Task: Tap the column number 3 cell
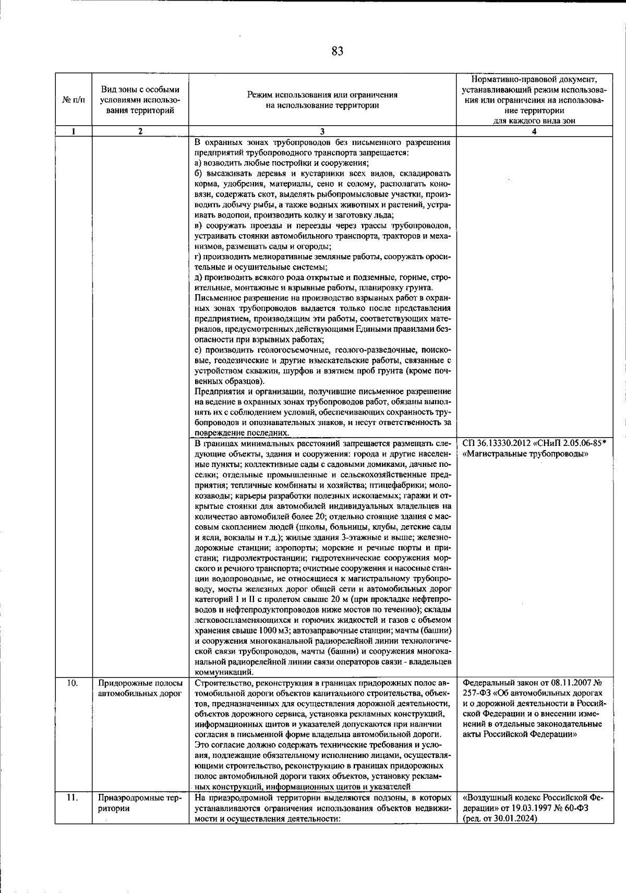point(322,132)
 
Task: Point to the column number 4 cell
point(533,132)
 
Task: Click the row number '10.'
point(73,683)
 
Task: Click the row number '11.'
point(73,799)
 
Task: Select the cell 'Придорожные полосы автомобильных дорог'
point(140,688)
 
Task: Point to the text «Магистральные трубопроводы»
point(526,454)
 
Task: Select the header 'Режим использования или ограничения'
point(322,95)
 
